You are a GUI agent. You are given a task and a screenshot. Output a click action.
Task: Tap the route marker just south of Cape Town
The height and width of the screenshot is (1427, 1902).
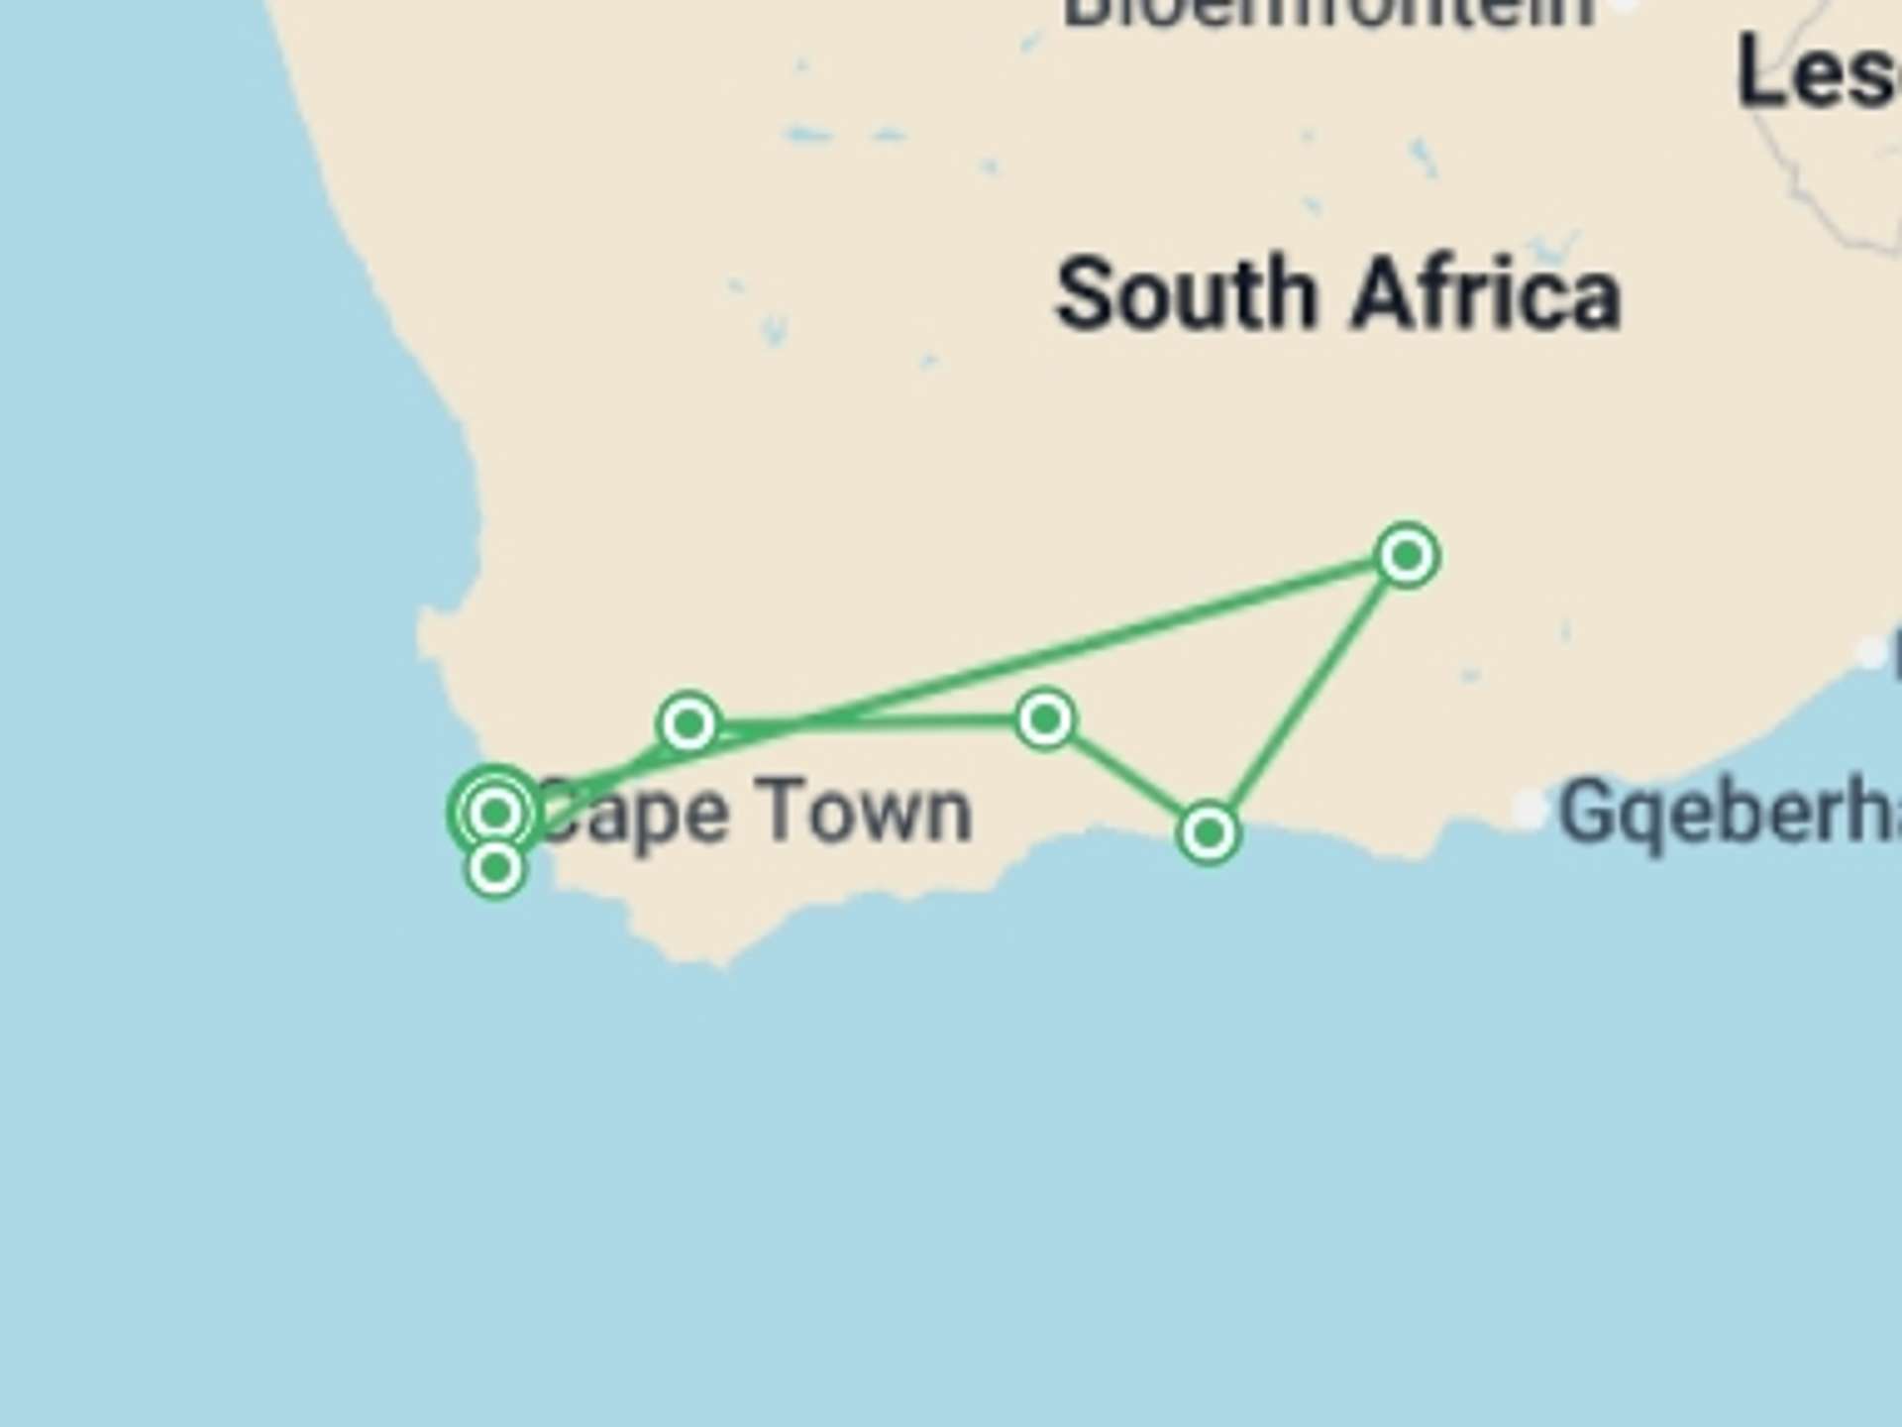pyautogui.click(x=495, y=869)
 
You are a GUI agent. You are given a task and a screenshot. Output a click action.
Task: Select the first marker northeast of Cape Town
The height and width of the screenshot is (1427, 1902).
pyautogui.click(x=688, y=723)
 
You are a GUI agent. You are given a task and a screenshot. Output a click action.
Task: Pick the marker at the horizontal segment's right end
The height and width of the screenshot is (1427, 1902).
pyautogui.click(x=1045, y=719)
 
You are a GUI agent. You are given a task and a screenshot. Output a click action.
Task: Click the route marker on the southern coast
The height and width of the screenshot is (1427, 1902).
pyautogui.click(x=1208, y=832)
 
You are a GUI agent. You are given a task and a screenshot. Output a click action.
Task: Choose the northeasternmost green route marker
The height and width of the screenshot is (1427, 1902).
pyautogui.click(x=1407, y=556)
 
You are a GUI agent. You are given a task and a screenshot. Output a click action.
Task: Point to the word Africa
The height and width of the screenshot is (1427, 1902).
pyautogui.click(x=1486, y=294)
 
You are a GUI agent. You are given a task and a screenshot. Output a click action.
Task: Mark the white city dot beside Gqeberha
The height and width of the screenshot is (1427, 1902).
pyautogui.click(x=1529, y=809)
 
